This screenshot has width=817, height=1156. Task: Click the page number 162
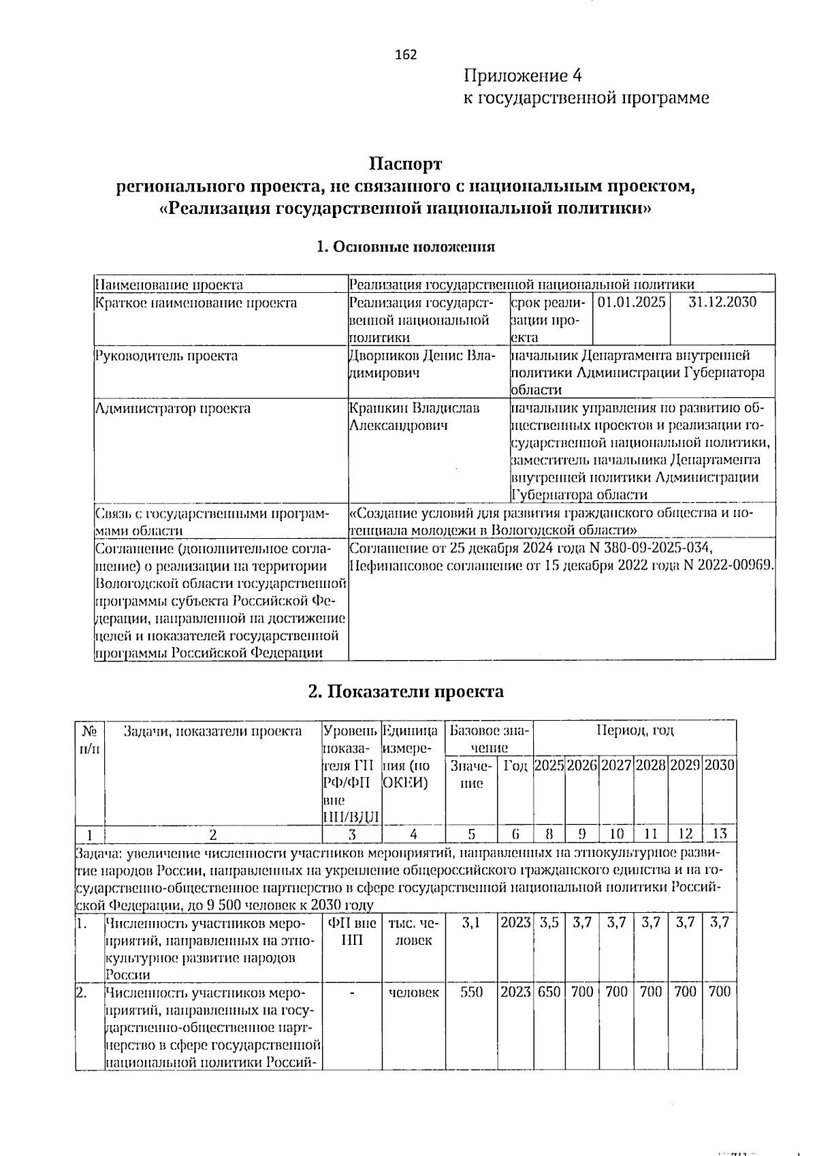pos(406,55)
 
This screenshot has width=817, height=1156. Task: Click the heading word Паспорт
pos(406,164)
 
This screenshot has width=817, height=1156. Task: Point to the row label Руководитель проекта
pos(167,356)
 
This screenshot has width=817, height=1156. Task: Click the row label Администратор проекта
pos(173,409)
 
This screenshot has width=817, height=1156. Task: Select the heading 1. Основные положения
pos(406,247)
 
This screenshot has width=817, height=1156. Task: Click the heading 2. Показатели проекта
pos(406,691)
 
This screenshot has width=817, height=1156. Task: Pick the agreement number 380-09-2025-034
pos(655,548)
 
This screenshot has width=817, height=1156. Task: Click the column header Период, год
pos(635,731)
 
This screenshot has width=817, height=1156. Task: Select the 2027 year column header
pos(616,765)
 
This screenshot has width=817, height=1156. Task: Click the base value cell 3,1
pos(470,923)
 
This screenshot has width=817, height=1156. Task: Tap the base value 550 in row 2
pos(471,992)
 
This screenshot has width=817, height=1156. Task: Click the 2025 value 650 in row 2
pos(549,992)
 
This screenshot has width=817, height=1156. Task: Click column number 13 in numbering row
pos(719,834)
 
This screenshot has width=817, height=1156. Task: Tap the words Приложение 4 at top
pos(523,75)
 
